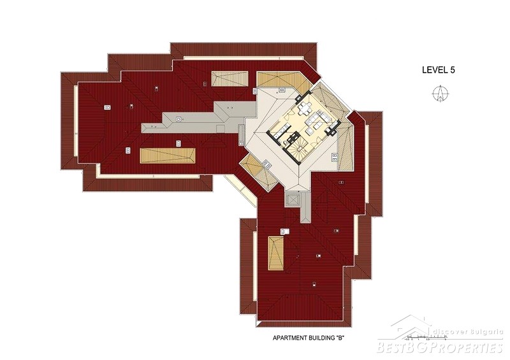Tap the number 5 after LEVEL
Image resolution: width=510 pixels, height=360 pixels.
453,70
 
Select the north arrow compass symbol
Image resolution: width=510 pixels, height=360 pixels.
440,93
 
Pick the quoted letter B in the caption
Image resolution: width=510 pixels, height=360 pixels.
340,338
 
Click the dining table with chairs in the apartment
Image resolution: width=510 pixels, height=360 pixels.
305,108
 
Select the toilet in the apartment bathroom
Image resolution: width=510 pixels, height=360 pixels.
285,143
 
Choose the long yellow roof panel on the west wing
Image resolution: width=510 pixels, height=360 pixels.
168,155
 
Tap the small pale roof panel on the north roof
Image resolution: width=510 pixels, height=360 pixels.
230,79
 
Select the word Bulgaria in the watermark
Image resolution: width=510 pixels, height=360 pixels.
483,332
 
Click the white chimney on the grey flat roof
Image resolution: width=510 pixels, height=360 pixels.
178,119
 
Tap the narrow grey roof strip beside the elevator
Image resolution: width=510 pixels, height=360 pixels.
305,208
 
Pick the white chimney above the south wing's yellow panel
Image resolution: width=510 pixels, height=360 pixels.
284,231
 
